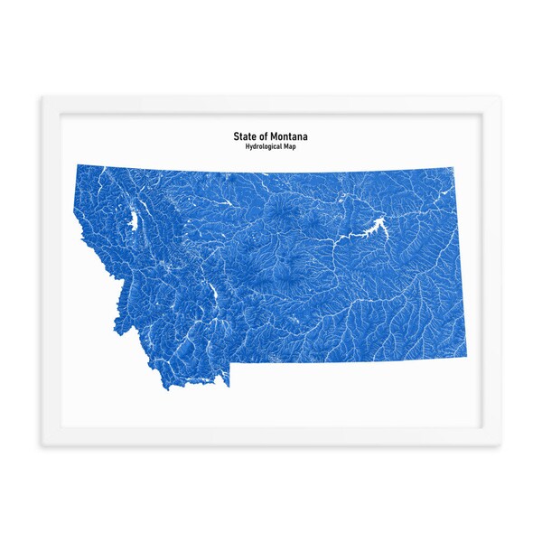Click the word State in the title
click(x=245, y=136)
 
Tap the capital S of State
click(x=237, y=136)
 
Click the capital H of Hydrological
click(x=234, y=147)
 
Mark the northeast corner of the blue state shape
click(x=452, y=168)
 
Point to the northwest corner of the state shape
click(x=77, y=165)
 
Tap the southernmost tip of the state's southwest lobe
click(x=167, y=388)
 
